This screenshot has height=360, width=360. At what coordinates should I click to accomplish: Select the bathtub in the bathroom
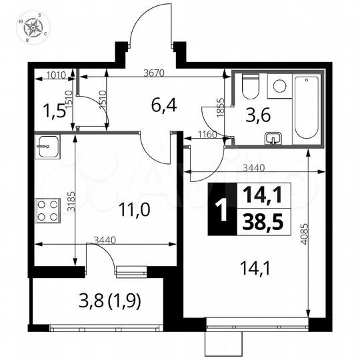coord(307,106)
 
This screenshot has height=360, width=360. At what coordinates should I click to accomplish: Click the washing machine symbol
coord(279,85)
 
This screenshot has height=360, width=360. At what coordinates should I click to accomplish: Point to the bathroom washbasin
coord(273,139)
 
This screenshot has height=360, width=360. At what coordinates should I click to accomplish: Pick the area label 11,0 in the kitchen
coord(135,209)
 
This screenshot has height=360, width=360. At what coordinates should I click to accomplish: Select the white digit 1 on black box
coord(217,209)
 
